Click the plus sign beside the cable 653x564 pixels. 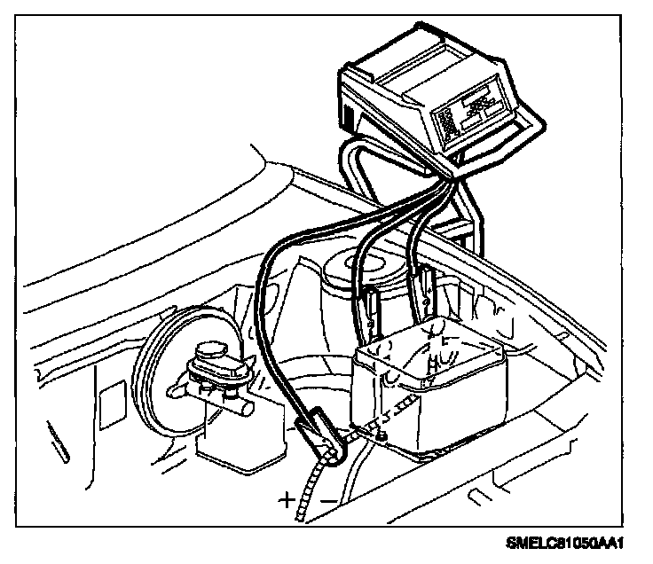(286, 499)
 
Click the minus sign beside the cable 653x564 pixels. (327, 501)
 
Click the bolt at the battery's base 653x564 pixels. (380, 432)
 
